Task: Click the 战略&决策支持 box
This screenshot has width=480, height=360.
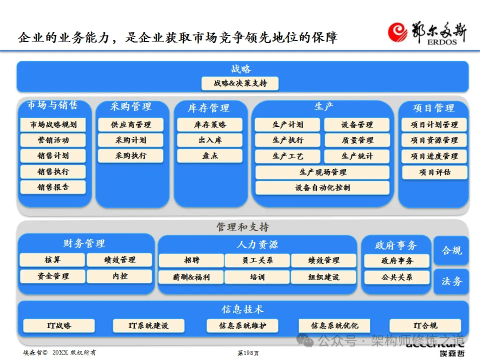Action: [240, 83]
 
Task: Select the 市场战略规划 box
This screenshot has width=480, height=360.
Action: [53, 124]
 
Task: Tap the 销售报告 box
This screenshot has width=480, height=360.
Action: [53, 187]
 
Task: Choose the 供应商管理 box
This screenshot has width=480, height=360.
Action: [130, 124]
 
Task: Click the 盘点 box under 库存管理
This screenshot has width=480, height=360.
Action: [210, 155]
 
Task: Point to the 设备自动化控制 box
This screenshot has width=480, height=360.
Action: [322, 187]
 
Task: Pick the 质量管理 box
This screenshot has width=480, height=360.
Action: [357, 140]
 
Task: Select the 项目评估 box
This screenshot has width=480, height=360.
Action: [434, 172]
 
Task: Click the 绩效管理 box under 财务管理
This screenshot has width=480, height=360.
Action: [119, 260]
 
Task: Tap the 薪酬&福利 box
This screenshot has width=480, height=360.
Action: [191, 276]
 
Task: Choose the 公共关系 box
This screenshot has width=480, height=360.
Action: [397, 277]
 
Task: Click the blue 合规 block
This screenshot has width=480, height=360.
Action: [451, 250]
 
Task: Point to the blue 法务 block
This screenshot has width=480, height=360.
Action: [451, 281]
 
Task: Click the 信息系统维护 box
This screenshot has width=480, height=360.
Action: [242, 325]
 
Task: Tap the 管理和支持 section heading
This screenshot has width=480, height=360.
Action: [242, 227]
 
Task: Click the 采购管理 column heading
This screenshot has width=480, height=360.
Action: [130, 106]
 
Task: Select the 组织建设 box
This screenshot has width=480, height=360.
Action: [323, 276]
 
